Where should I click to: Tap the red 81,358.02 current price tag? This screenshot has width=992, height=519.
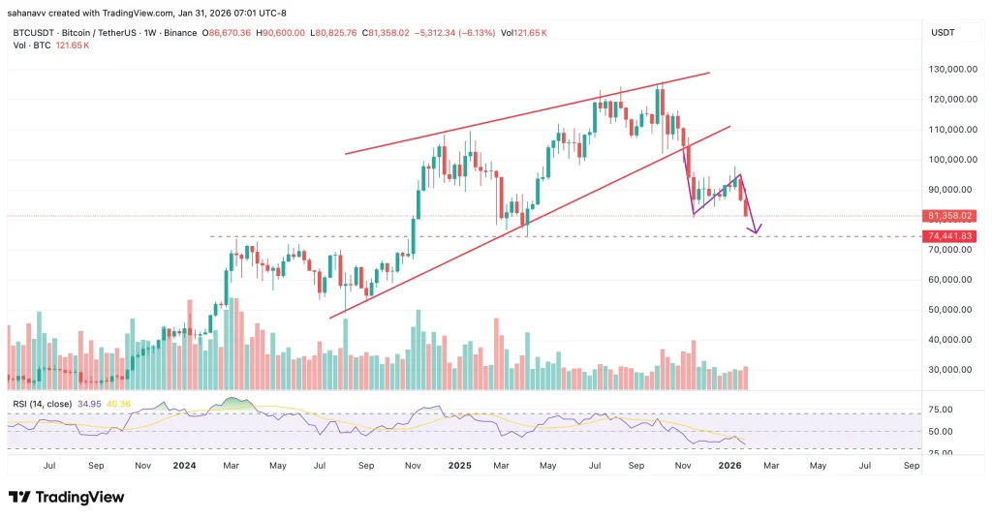[x=950, y=216]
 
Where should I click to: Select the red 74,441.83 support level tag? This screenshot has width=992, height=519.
[x=950, y=236]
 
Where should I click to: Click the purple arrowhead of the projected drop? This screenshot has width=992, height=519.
[x=755, y=229]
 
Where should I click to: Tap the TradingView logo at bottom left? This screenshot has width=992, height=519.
[x=67, y=497]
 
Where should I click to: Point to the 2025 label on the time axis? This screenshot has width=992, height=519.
[x=459, y=466]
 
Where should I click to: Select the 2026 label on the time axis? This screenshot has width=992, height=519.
[x=728, y=466]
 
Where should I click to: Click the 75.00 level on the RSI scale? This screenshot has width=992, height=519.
[x=939, y=410]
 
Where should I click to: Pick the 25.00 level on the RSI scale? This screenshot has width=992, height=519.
[x=939, y=452]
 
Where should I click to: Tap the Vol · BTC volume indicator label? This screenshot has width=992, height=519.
[x=31, y=45]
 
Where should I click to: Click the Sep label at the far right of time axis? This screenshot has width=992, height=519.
[x=910, y=466]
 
